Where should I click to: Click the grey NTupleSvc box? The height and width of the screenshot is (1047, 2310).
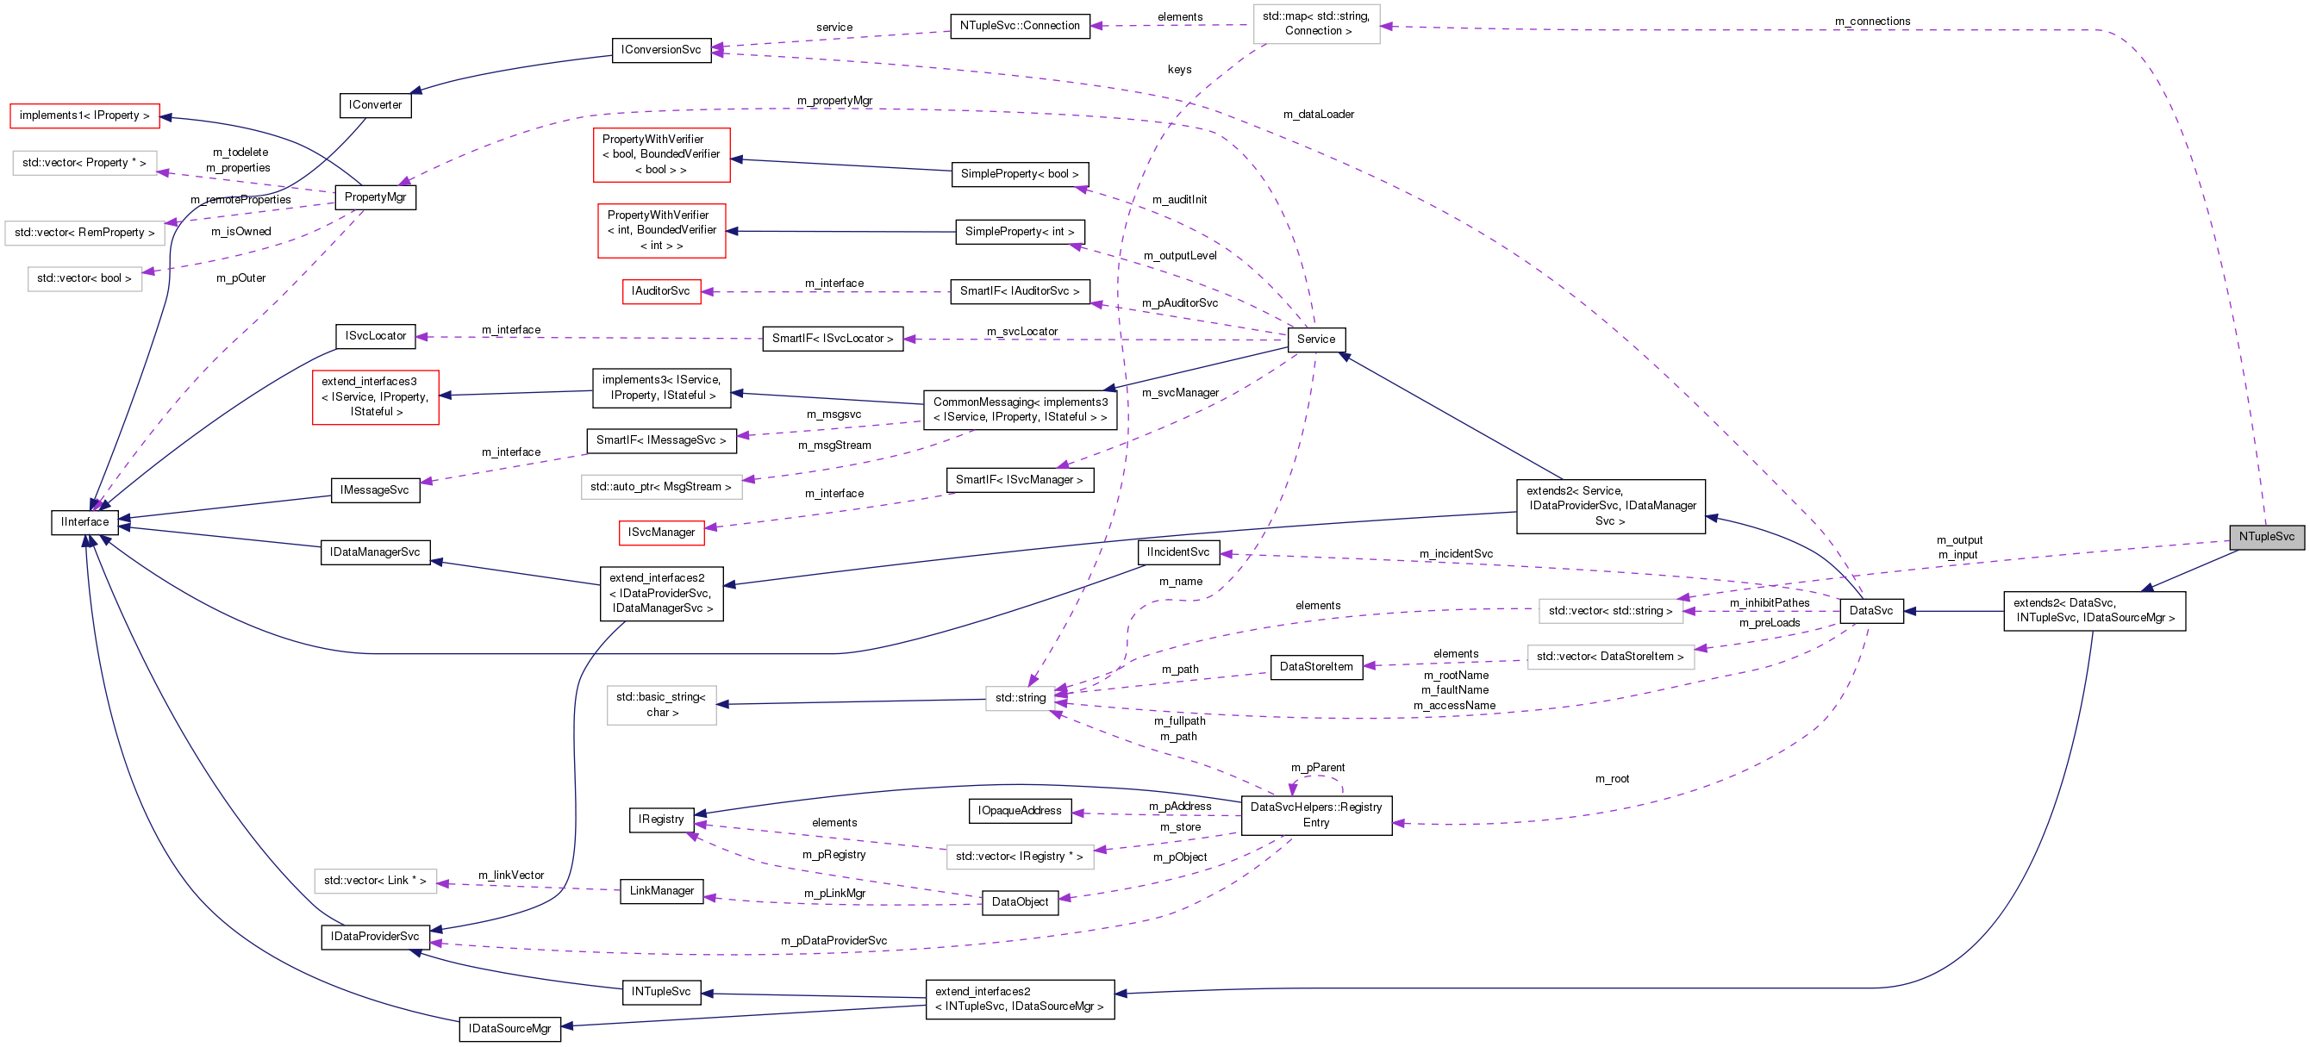click(x=2266, y=537)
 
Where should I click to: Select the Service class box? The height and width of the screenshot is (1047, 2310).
click(x=1315, y=339)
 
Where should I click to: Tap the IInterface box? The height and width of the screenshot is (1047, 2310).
click(x=84, y=521)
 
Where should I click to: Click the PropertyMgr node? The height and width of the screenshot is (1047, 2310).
click(x=375, y=197)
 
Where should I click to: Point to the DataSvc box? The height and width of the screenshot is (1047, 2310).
click(x=1870, y=610)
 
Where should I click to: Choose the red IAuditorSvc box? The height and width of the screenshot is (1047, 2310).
click(x=661, y=291)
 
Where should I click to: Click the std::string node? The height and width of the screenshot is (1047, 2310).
click(x=1020, y=697)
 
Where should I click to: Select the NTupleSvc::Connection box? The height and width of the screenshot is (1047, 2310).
click(x=1020, y=26)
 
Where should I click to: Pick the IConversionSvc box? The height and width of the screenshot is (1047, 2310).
click(x=661, y=49)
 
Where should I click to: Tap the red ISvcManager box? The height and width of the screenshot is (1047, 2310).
click(x=661, y=533)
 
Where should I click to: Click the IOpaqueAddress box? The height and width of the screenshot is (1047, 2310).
click(x=1020, y=810)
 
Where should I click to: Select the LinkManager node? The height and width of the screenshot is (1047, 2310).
click(x=661, y=891)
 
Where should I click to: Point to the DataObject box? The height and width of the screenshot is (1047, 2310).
click(x=1020, y=901)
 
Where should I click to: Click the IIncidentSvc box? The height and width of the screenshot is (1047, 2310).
click(x=1177, y=552)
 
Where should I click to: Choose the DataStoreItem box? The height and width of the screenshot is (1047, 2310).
click(x=1315, y=667)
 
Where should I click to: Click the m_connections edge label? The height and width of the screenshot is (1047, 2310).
click(x=1871, y=22)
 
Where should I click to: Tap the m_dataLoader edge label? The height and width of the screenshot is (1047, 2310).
click(x=1317, y=115)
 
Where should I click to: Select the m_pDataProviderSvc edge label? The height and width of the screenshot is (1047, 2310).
click(x=833, y=940)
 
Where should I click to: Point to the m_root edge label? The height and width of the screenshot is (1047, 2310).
click(x=1612, y=779)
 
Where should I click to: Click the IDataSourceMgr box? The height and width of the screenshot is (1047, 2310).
click(x=509, y=1028)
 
